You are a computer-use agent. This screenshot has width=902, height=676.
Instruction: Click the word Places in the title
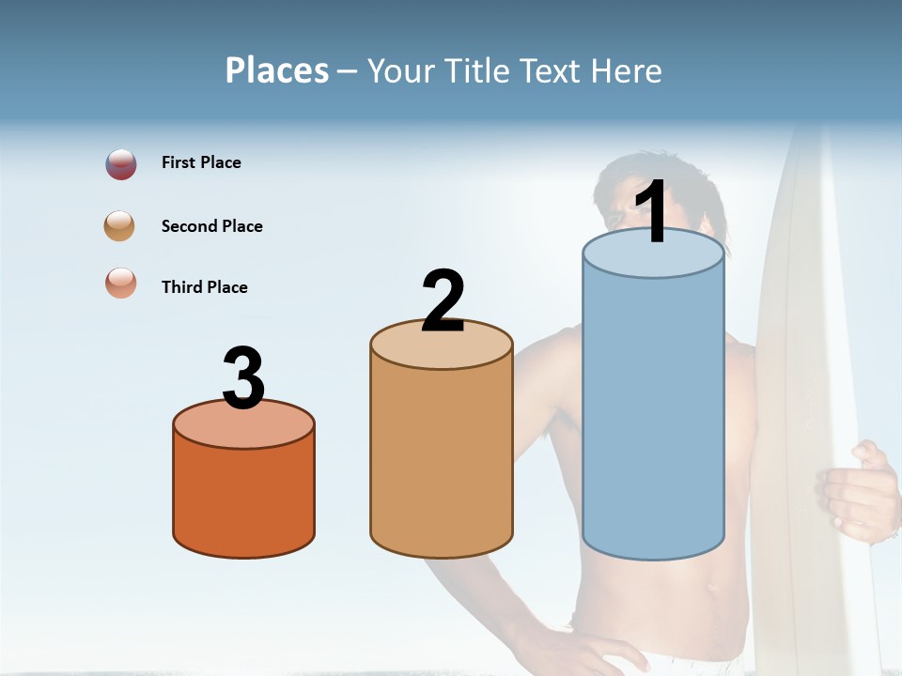[x=277, y=70]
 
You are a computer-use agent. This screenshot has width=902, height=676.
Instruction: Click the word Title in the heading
[x=474, y=70]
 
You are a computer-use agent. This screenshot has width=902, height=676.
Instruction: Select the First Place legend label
[x=201, y=162]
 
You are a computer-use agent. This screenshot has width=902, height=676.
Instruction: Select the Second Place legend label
[x=211, y=226]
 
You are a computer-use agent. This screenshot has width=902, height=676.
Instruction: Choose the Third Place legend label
[x=204, y=287]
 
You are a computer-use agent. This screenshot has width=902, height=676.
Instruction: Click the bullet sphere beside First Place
[x=121, y=164]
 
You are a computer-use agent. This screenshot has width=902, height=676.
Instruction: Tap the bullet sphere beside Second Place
[x=120, y=226]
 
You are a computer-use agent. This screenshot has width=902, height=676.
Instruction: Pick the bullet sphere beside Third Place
[x=121, y=283]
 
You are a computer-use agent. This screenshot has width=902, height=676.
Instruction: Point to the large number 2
[x=443, y=301]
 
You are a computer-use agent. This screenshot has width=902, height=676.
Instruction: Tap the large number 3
[x=243, y=378]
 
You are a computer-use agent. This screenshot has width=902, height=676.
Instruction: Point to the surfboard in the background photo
[x=799, y=376]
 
